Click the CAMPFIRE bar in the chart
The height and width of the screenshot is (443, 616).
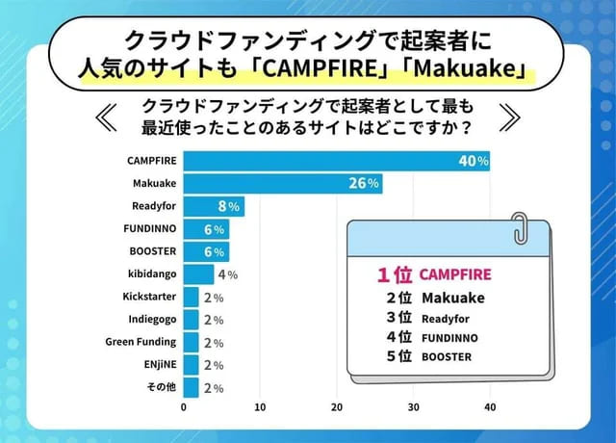337,162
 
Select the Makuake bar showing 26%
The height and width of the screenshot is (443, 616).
283,184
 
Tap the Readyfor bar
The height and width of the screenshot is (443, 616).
214,206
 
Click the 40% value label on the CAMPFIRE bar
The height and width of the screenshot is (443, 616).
474,162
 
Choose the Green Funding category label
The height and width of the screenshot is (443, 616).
141,342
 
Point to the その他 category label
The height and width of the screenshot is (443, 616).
161,387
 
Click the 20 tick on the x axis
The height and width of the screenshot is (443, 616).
336,408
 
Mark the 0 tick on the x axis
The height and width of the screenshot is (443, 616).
184,408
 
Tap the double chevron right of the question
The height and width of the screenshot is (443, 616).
510,117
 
